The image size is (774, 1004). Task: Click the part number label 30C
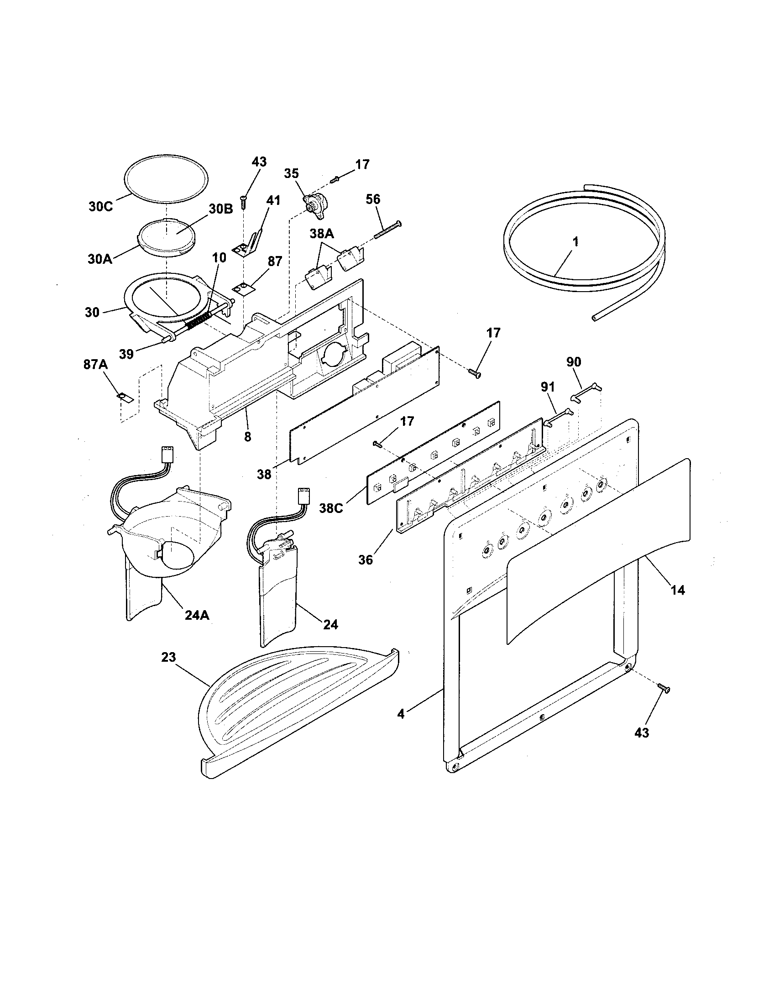(100, 206)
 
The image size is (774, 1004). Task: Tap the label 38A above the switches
(321, 234)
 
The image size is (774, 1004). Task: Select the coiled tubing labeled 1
(584, 257)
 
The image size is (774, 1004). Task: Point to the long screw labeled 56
(387, 230)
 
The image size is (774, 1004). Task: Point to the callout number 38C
(331, 509)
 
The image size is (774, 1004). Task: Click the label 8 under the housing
(248, 437)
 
